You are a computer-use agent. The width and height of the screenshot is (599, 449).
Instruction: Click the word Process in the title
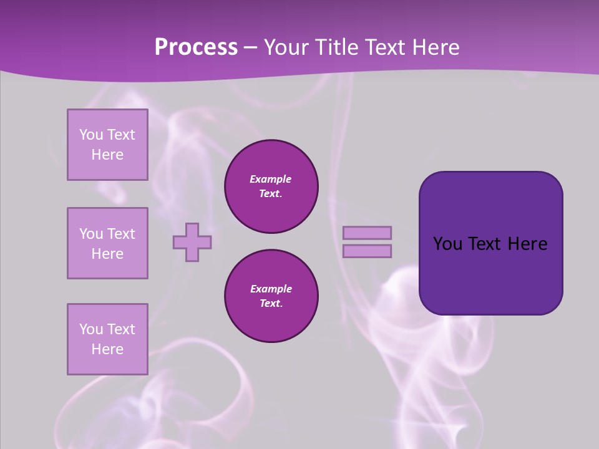[196, 47]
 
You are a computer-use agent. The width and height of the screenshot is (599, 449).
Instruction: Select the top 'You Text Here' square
[107, 145]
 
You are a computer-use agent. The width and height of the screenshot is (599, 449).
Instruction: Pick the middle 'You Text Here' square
[107, 243]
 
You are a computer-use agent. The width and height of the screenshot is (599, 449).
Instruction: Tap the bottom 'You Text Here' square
[107, 339]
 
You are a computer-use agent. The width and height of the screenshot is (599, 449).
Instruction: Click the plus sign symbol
[192, 242]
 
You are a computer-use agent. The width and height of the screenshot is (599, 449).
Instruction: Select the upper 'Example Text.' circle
[271, 186]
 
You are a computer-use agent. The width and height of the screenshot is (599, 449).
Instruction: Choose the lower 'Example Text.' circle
[271, 296]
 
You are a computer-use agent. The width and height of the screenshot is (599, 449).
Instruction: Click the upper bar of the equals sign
[368, 233]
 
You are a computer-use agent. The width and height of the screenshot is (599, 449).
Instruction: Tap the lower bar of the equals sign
[368, 251]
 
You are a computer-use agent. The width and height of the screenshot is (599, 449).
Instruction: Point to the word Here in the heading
[436, 47]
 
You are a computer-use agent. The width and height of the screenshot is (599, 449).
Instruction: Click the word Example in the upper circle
[271, 180]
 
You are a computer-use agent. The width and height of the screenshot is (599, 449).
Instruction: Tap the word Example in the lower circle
[271, 289]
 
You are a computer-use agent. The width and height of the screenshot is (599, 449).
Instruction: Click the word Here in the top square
[107, 155]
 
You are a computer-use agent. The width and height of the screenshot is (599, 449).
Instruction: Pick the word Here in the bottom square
[107, 349]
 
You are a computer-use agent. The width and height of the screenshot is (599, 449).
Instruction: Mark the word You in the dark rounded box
[447, 244]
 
